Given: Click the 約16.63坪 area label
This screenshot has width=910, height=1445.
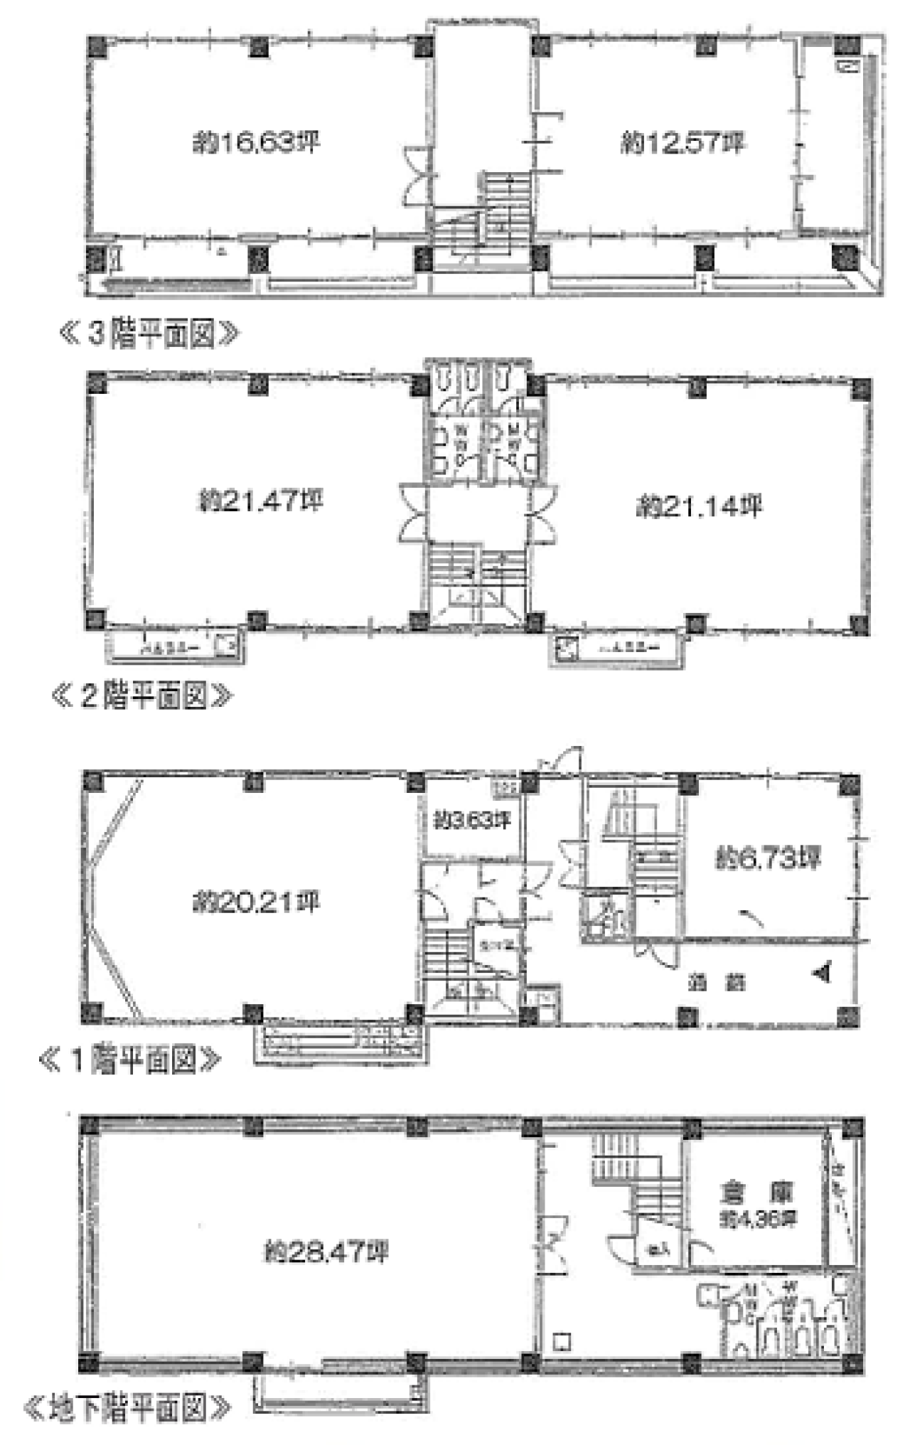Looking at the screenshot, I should (256, 143).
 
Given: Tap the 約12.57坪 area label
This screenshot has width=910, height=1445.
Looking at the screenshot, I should (682, 143).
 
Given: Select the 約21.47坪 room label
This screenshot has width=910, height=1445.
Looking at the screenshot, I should (260, 501).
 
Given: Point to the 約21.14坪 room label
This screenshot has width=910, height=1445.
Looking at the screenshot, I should (698, 506).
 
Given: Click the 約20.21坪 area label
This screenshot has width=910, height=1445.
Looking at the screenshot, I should (256, 902).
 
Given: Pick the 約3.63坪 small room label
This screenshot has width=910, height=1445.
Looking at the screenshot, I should (472, 820).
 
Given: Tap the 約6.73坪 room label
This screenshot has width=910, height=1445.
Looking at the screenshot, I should (768, 858).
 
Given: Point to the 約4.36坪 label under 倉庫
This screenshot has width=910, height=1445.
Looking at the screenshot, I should (758, 1220).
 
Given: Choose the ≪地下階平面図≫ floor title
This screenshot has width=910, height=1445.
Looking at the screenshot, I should (128, 1408).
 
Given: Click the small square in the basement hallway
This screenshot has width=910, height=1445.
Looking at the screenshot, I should (562, 1342).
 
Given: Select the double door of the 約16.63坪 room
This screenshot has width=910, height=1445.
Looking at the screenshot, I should (416, 174).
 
